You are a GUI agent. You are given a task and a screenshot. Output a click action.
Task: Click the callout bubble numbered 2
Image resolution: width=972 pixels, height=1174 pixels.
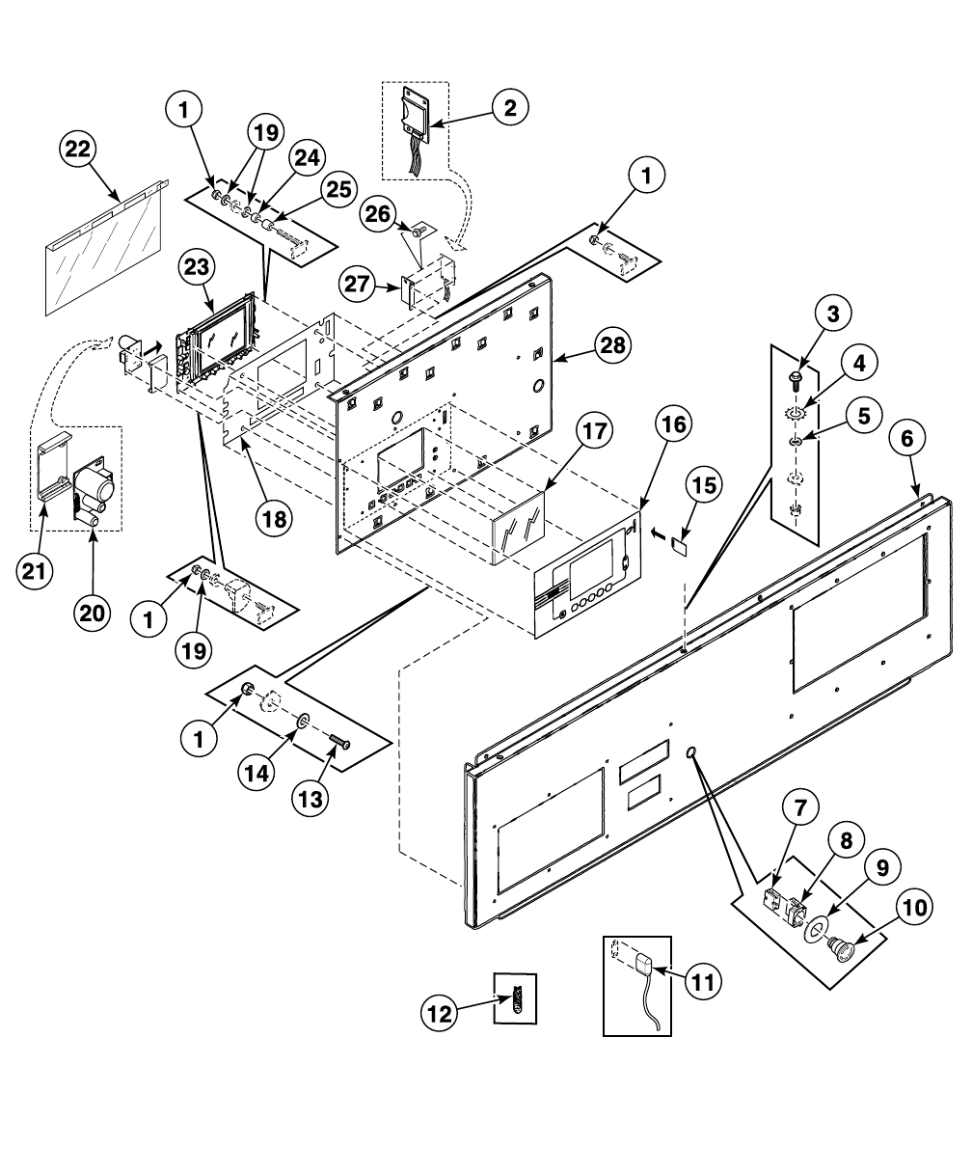point(509,107)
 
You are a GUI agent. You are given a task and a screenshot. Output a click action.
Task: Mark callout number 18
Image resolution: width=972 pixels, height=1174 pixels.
point(275,518)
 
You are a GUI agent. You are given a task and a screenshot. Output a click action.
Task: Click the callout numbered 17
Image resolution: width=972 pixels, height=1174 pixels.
point(595,431)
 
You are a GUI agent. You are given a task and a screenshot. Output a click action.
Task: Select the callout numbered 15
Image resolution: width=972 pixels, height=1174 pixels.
point(707,487)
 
